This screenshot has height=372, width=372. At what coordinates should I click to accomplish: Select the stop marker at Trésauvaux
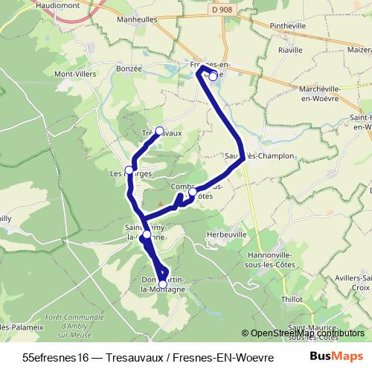coord(159,131)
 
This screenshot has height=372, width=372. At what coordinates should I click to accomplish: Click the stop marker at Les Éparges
coord(129,170)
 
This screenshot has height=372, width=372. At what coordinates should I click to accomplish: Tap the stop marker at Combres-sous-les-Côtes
coord(193,192)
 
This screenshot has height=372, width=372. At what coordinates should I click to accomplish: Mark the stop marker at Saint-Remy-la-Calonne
coord(147,234)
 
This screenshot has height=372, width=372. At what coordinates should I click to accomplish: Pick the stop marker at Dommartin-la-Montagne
coord(163,283)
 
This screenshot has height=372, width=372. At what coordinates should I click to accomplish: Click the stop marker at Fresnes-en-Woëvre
coord(213,76)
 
